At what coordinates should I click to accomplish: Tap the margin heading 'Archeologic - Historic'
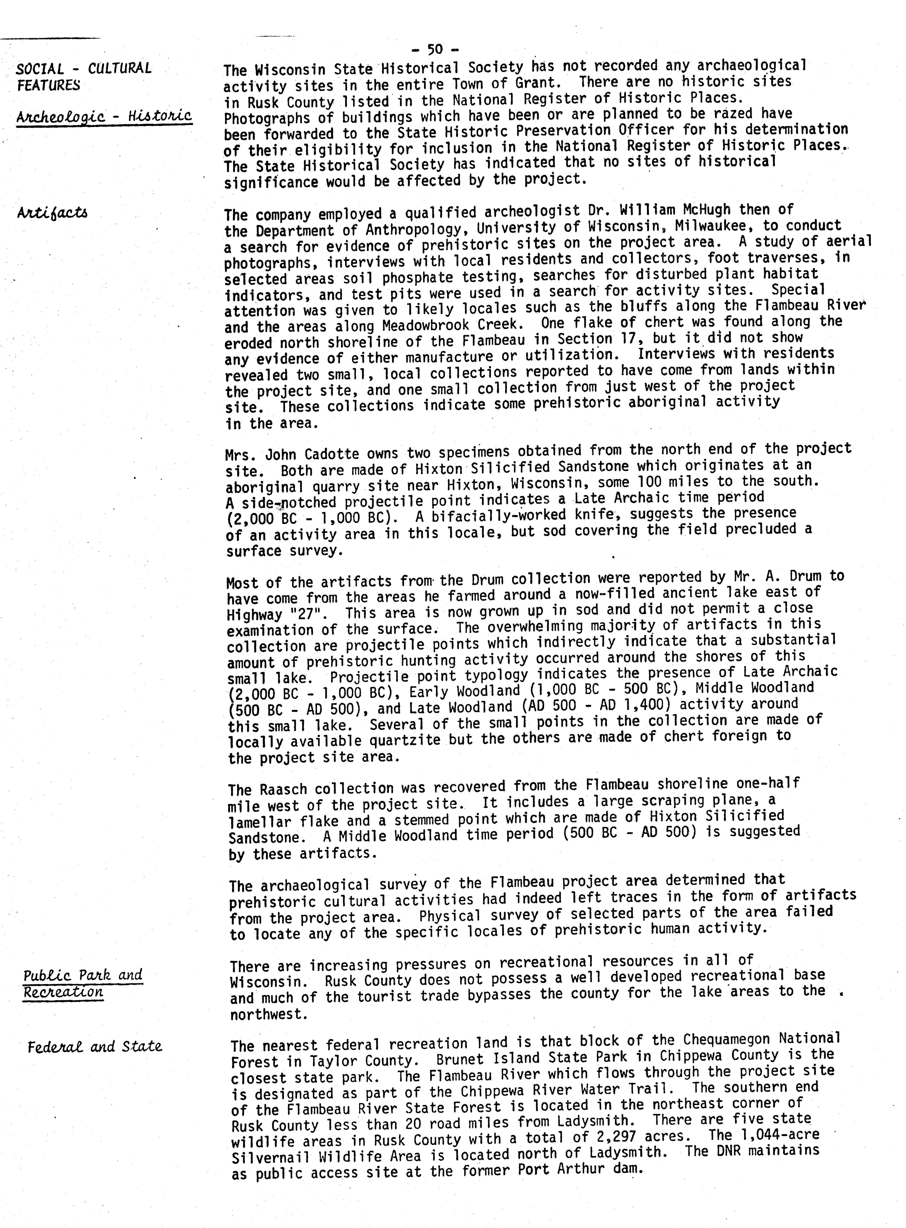pos(104,117)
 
